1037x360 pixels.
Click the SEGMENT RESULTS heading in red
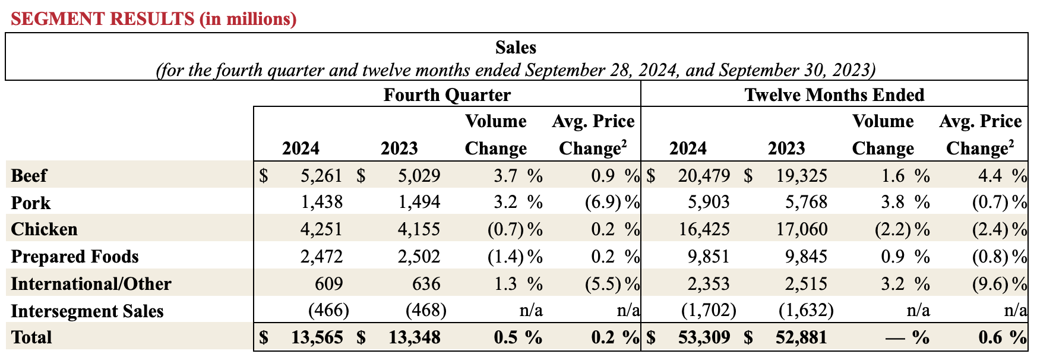pyautogui.click(x=153, y=19)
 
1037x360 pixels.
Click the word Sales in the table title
pyautogui.click(x=516, y=48)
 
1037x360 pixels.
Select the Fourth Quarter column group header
pyautogui.click(x=447, y=95)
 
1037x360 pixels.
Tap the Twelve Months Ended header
pyautogui.click(x=834, y=95)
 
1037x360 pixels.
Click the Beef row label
pyautogui.click(x=29, y=176)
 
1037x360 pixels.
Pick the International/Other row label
pyautogui.click(x=91, y=284)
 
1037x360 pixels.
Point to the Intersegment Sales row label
pyautogui.click(x=87, y=311)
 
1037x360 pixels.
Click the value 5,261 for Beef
pyautogui.click(x=321, y=176)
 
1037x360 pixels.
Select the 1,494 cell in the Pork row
pyautogui.click(x=419, y=203)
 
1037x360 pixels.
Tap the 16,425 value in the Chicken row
pyautogui.click(x=704, y=229)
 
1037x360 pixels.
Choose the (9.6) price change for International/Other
pyautogui.click(x=990, y=284)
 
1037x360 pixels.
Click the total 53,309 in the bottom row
pyautogui.click(x=704, y=337)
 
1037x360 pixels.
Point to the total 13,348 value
pyautogui.click(x=415, y=337)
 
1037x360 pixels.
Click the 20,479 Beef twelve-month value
pyautogui.click(x=704, y=176)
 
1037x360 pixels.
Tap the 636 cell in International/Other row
pyautogui.click(x=426, y=284)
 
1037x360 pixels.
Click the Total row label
pyautogui.click(x=31, y=337)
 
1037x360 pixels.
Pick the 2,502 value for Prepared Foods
pyautogui.click(x=419, y=257)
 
